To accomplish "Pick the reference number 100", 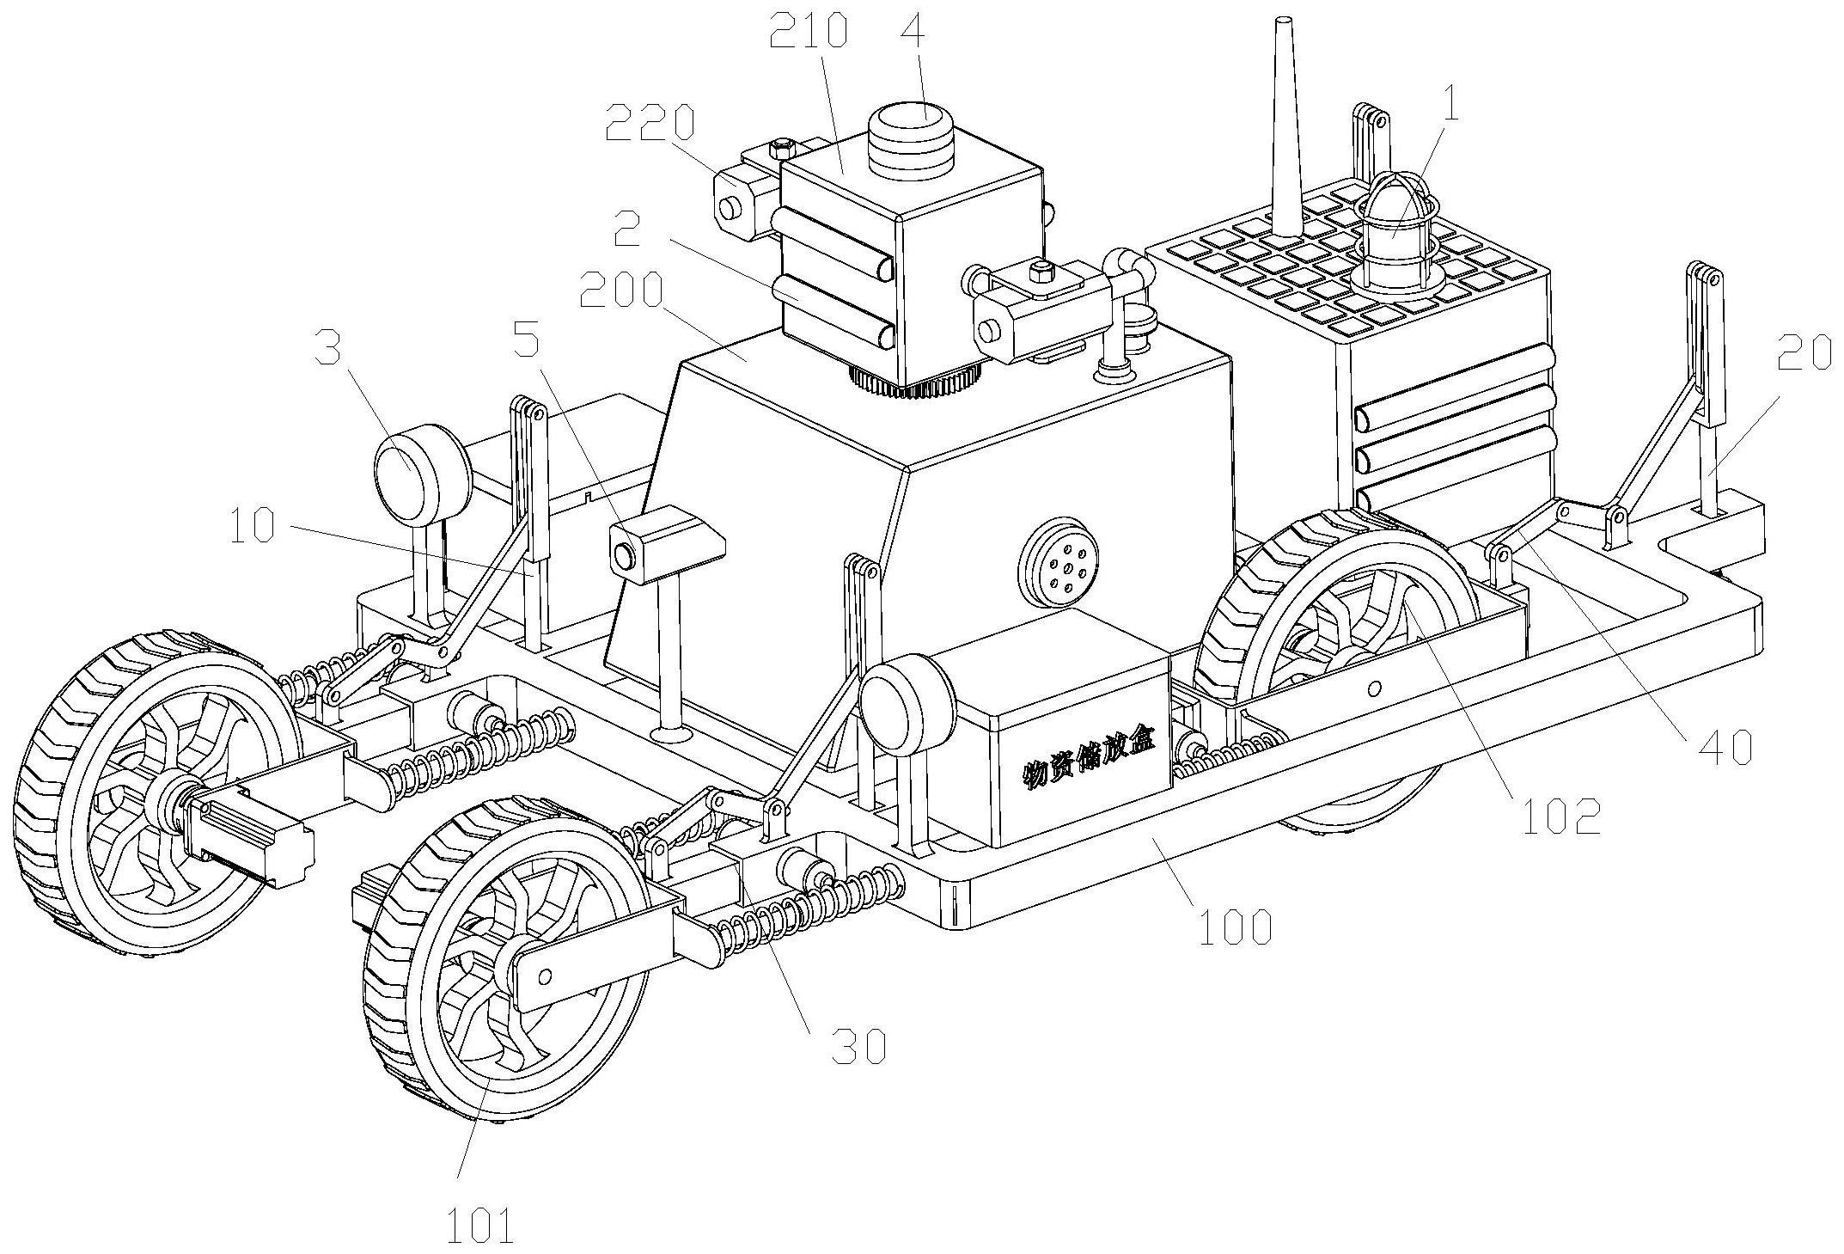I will point(1235,928).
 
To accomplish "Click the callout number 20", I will point(1804,352).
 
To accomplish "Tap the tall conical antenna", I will point(1285,129).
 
